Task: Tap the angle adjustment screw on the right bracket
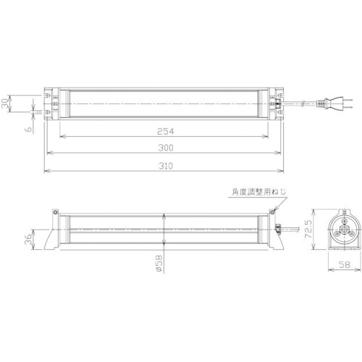click(x=274, y=212)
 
